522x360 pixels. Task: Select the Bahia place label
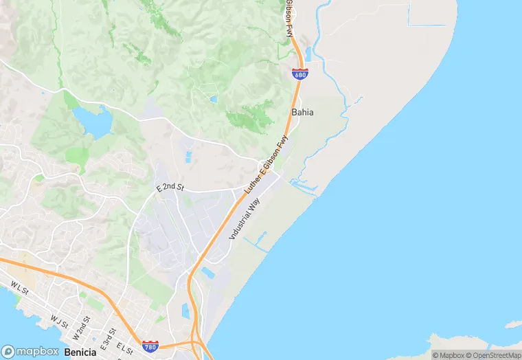[x=303, y=112]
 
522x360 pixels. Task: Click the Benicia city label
[x=80, y=352]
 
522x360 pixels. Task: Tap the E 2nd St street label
[x=171, y=187]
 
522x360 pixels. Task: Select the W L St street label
[x=19, y=286]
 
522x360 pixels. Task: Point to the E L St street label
[x=124, y=348]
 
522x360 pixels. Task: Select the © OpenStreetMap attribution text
[x=488, y=355]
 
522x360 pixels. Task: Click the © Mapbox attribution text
[x=447, y=355]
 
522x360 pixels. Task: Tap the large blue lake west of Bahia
[x=93, y=121]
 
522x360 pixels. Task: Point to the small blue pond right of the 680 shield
[x=308, y=54]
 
